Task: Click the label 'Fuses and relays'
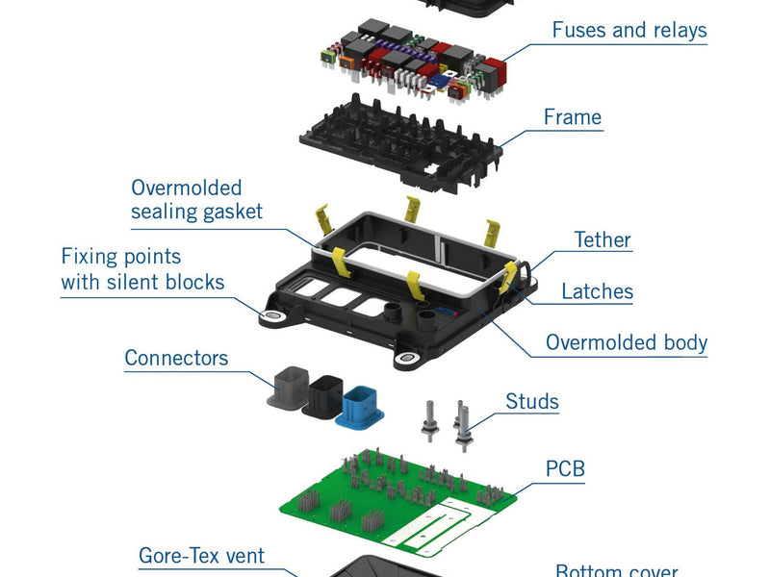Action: [629, 30]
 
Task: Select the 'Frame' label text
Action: [572, 117]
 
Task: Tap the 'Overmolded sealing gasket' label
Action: [196, 199]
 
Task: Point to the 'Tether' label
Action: [602, 239]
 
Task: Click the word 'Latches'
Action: [597, 290]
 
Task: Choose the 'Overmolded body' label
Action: [626, 342]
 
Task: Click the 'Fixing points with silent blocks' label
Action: [142, 269]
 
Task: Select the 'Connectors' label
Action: [176, 358]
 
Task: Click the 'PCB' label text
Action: [565, 468]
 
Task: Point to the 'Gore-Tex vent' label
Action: [201, 555]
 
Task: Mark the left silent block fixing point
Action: [272, 316]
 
